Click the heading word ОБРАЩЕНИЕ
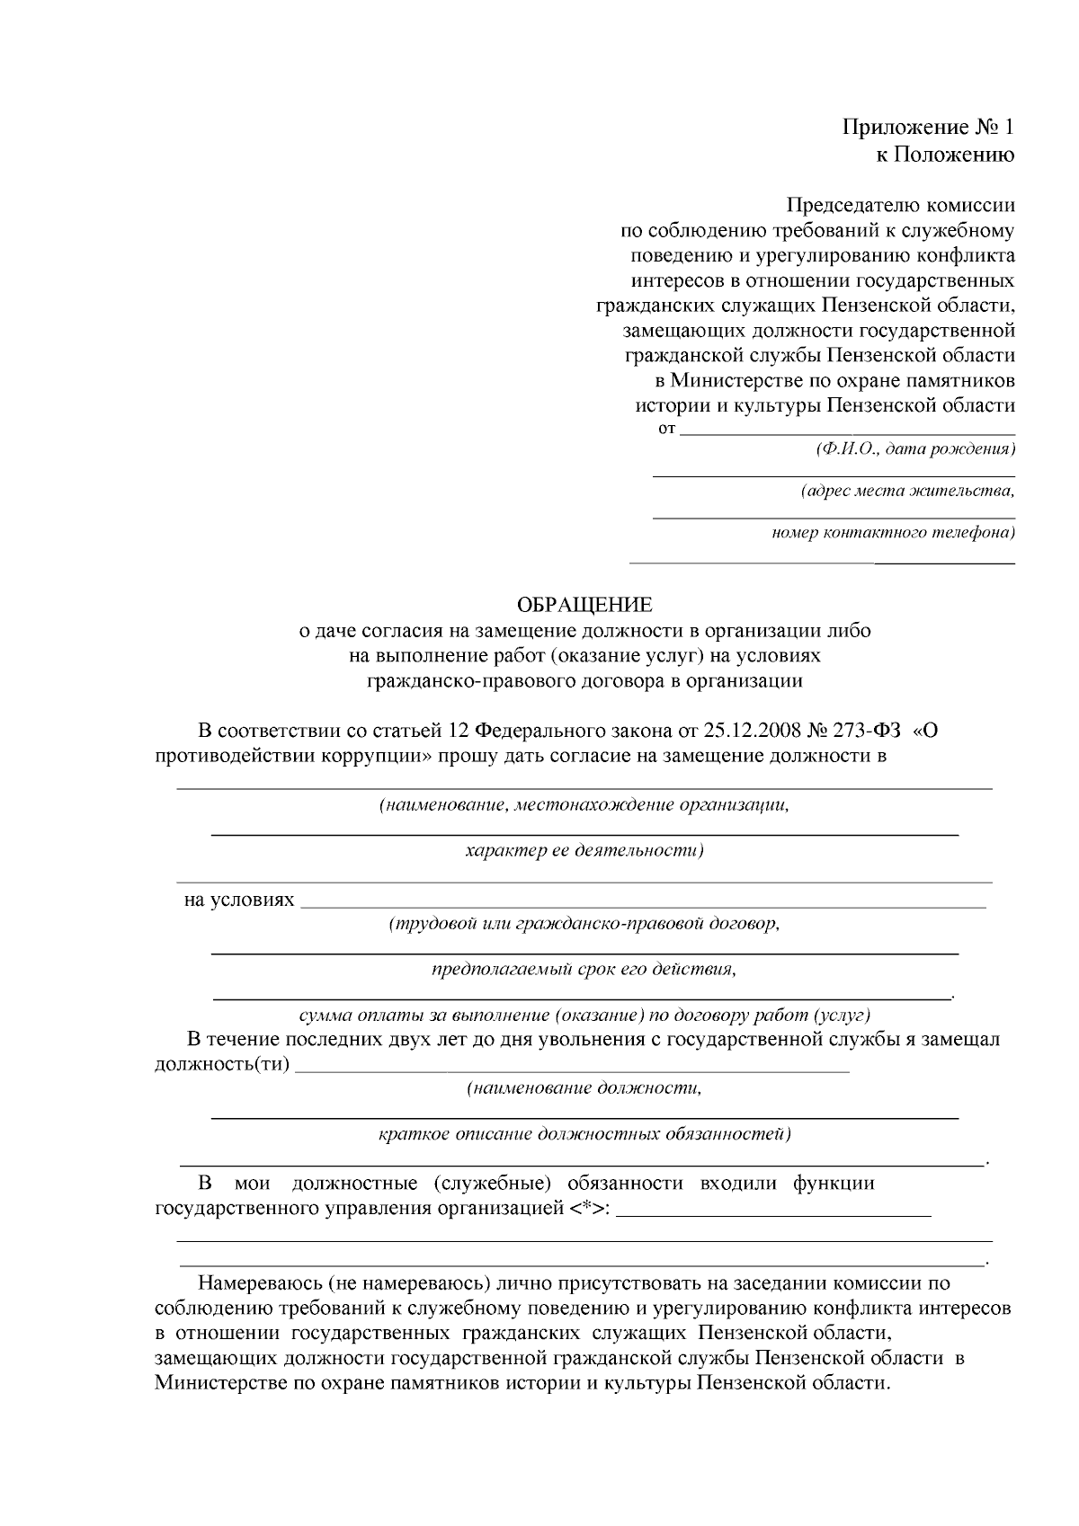coord(584,605)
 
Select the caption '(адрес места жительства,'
coord(907,491)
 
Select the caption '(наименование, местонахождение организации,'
coord(584,804)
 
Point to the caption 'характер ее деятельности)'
coord(584,849)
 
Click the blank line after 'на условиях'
coord(643,905)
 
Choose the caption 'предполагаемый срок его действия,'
coord(584,970)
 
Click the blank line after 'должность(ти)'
coord(572,1069)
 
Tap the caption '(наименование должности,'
coord(584,1088)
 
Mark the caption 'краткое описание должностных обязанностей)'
coord(584,1133)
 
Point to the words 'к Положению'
coord(945,155)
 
